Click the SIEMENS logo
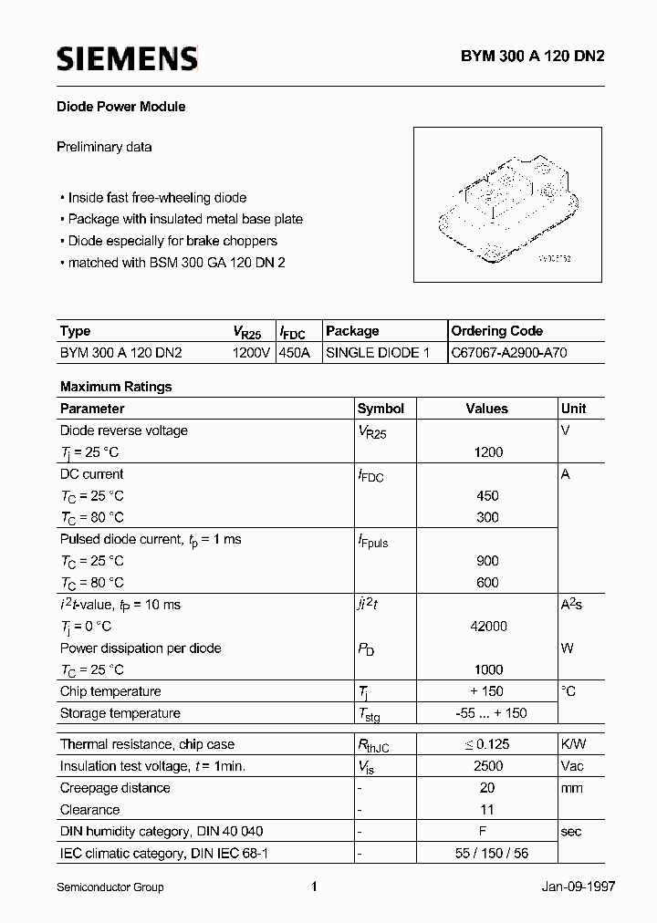click(x=127, y=59)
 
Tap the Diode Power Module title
click(x=122, y=107)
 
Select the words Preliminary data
click(x=104, y=147)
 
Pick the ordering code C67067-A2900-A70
click(x=509, y=352)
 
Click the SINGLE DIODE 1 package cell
click(x=378, y=352)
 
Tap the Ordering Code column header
click(x=496, y=331)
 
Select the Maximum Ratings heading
click(x=116, y=387)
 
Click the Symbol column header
click(x=381, y=409)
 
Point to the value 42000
click(x=488, y=627)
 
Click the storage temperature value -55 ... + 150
click(x=488, y=713)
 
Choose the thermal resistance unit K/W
click(x=573, y=744)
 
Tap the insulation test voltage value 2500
click(x=488, y=766)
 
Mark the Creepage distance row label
click(x=115, y=788)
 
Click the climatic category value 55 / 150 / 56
click(x=488, y=854)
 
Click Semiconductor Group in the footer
click(x=109, y=887)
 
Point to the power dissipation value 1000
click(x=488, y=669)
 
